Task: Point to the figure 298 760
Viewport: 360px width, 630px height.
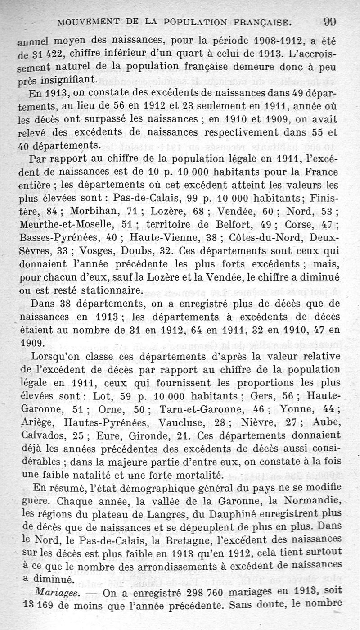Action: point(211,590)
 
